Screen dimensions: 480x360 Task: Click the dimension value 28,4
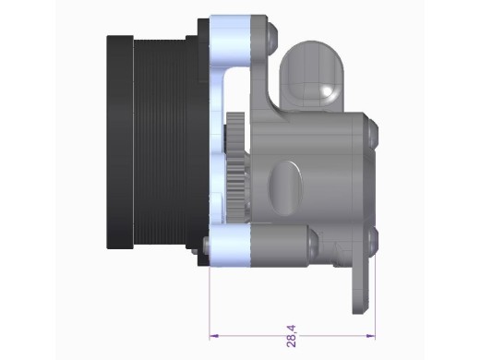[x=291, y=336]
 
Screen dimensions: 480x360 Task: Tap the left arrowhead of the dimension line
[x=214, y=336]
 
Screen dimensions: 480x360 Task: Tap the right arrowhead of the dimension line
[x=370, y=336]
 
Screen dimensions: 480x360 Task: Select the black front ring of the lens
[x=120, y=142]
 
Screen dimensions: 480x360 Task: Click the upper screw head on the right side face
[x=373, y=133]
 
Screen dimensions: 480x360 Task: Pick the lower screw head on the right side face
[x=373, y=243]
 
